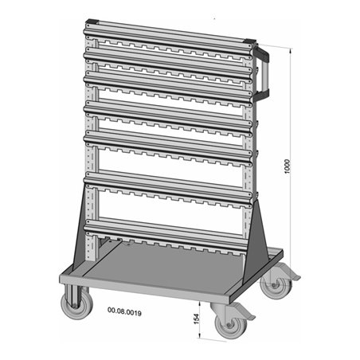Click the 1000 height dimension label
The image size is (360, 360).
click(288, 166)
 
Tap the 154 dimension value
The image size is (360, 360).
click(196, 319)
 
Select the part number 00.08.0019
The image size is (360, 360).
click(124, 311)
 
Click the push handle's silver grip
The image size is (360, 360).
click(265, 75)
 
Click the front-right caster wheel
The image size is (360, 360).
click(230, 324)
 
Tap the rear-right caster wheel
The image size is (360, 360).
click(276, 284)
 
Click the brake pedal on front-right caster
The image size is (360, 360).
click(245, 313)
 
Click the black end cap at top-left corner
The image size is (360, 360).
click(92, 21)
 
